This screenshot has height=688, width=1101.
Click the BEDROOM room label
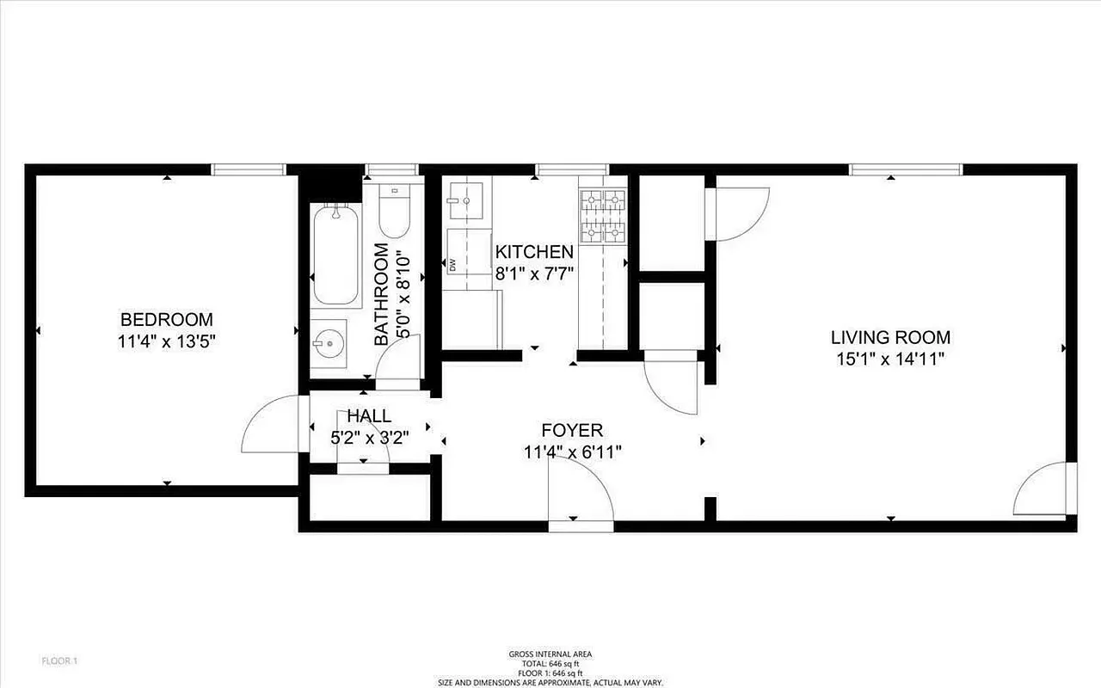pos(166,319)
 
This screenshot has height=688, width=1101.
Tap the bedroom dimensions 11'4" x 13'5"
pos(166,341)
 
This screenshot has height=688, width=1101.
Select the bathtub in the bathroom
pos(335,255)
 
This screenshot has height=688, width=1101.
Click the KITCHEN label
pos(534,252)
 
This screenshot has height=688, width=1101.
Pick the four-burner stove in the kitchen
pos(602,216)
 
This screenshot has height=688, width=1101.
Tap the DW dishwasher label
pos(452,265)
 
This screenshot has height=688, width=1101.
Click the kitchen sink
pos(464,200)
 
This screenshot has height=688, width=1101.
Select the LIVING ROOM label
pos(890,337)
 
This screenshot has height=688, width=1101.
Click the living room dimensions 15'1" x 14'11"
pos(890,359)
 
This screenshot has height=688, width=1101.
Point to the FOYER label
pos(572,430)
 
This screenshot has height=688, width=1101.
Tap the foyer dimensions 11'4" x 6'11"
pos(572,451)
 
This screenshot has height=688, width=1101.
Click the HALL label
pos(369,416)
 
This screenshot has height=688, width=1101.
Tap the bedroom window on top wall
pos(249,169)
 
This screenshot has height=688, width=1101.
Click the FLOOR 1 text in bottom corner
pos(60,661)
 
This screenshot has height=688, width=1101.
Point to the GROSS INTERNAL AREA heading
pos(550,654)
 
